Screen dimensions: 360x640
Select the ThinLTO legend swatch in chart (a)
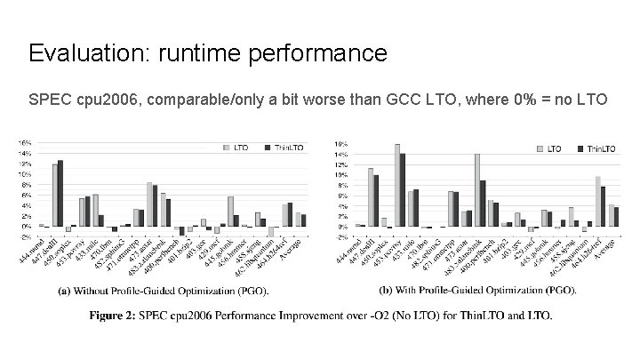tap(268, 147)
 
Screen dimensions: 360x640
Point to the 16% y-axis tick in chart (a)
tap(24, 143)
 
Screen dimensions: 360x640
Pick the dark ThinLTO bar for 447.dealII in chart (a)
tap(60, 193)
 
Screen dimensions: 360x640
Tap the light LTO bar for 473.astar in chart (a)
tap(149, 204)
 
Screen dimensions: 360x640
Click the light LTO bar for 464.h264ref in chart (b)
tap(597, 201)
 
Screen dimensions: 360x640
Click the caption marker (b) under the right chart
tap(384, 290)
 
